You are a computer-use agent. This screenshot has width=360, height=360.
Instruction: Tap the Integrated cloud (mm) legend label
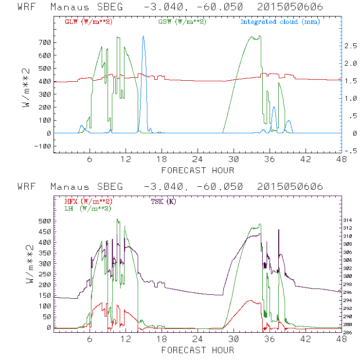click(x=280, y=22)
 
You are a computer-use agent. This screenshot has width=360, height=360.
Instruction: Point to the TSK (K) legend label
click(x=162, y=201)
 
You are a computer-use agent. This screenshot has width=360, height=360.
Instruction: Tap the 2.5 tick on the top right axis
click(x=350, y=46)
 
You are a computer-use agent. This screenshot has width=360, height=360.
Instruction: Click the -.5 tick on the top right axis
click(x=350, y=151)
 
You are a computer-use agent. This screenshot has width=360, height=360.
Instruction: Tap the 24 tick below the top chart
click(x=197, y=160)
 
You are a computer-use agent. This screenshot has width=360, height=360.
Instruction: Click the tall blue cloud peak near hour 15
click(x=143, y=37)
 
